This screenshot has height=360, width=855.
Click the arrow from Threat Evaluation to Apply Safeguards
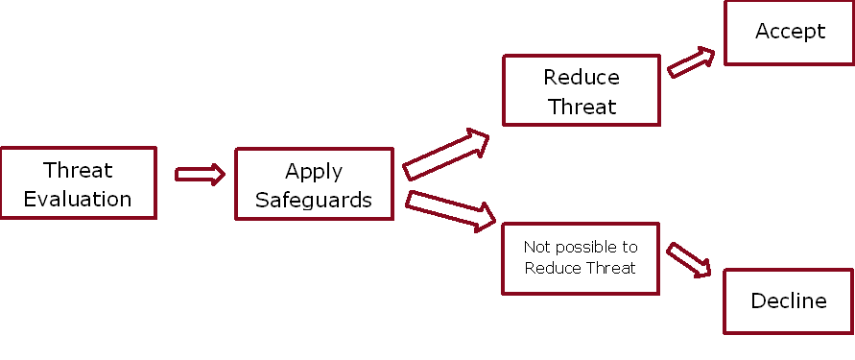coord(200,175)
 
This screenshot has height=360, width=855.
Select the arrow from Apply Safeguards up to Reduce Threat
coord(445,155)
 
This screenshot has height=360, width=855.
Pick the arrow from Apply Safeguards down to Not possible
coord(450,211)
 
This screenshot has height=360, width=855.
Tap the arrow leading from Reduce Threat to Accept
coord(691,62)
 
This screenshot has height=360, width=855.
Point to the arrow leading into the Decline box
coord(690,260)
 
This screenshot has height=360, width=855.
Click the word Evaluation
coord(78,199)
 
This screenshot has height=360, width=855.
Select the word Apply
coord(314,173)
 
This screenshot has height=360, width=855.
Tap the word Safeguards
coord(314,201)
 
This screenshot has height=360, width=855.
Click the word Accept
coord(790,31)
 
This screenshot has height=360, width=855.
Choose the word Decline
coord(789,300)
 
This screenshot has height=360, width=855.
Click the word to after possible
coord(629,248)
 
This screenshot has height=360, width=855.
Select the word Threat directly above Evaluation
coord(78,170)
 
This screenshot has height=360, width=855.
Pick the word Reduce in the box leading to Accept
coord(582,78)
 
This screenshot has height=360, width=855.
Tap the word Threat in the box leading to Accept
coord(582,106)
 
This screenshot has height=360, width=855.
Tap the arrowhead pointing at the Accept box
coord(706,56)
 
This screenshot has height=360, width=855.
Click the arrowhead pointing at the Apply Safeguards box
coord(218,175)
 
